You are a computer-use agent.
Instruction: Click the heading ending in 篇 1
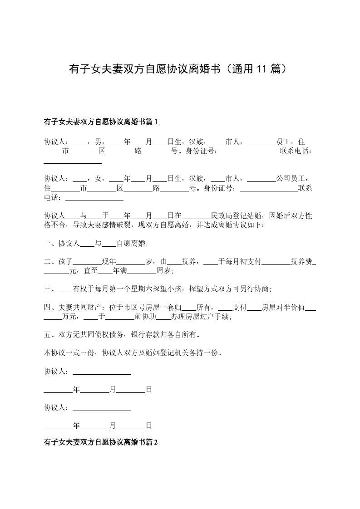point(100,122)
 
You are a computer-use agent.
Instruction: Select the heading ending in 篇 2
point(100,441)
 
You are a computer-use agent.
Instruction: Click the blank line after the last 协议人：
point(102,408)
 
